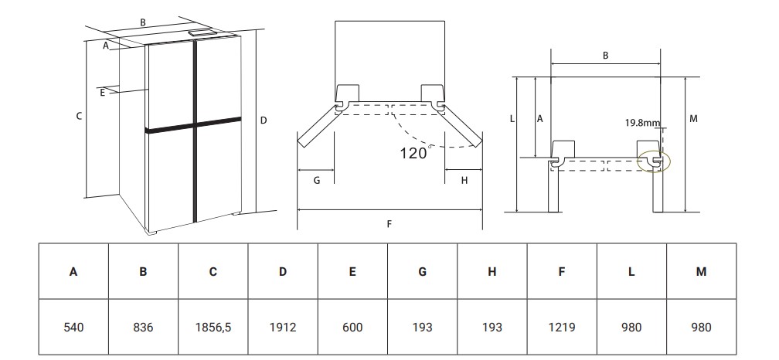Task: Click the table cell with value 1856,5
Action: (213, 327)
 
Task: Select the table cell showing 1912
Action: (283, 327)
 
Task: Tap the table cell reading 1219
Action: (562, 327)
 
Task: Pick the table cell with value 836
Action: (143, 327)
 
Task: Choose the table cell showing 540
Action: (73, 327)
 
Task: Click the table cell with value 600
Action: (352, 327)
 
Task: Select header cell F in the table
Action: (562, 272)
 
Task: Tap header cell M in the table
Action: (701, 272)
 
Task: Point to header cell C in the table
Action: (213, 272)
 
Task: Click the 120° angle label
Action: (414, 153)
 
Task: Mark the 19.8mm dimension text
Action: (643, 123)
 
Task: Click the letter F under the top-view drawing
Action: (389, 224)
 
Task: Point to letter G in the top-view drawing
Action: (316, 180)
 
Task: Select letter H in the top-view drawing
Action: (464, 180)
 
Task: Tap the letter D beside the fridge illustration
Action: (264, 120)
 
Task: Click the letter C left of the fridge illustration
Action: (79, 116)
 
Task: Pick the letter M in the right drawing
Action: (693, 118)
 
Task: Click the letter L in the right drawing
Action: (512, 119)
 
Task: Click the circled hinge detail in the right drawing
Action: (656, 161)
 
